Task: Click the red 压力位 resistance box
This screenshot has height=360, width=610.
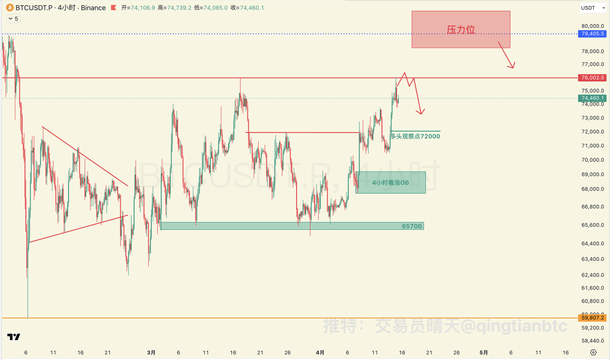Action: [x=461, y=29]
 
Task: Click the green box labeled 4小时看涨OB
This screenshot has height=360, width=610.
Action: [x=390, y=183]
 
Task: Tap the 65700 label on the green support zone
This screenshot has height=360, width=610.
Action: [x=412, y=226]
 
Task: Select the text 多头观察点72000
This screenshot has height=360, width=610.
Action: [x=415, y=136]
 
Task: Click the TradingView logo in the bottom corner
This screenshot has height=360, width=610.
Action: [x=14, y=337]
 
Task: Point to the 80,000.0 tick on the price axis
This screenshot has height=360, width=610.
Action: [x=592, y=26]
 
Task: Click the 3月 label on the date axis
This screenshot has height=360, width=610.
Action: [x=151, y=352]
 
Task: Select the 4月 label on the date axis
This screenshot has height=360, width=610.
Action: [x=320, y=352]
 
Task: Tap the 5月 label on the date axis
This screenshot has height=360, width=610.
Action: [x=483, y=352]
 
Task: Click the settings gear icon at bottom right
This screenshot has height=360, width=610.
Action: [x=593, y=352]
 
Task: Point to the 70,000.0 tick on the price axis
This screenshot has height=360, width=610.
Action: [x=592, y=160]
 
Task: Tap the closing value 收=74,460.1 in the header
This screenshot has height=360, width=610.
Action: [x=246, y=8]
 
